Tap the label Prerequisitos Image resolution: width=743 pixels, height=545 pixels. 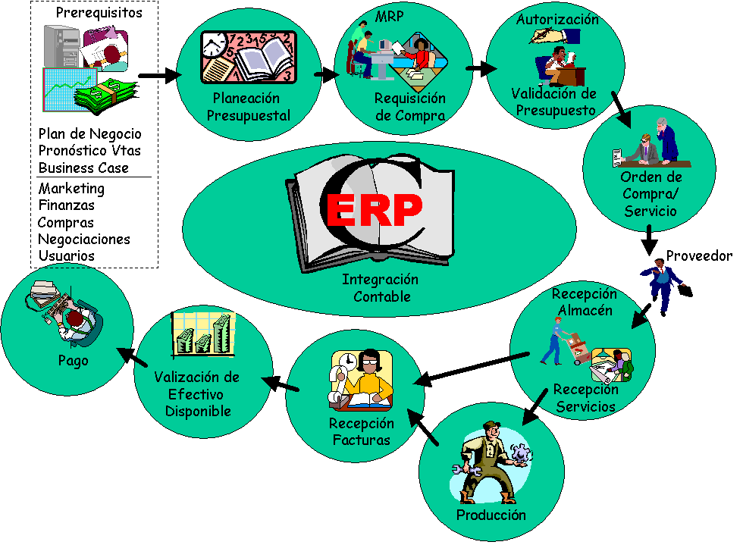coord(99,12)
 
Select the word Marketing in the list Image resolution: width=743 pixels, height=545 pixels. coord(71,189)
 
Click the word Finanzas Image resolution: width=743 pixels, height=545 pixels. coord(67,205)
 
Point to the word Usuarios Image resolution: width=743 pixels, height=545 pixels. coord(67,256)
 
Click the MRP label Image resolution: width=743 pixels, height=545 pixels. coord(389,17)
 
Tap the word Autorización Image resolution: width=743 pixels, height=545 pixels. coord(557,20)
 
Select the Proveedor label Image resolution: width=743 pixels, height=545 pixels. coord(699,256)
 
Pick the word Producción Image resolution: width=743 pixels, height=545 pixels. coord(491,515)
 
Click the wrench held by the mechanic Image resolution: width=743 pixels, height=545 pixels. coord(467,471)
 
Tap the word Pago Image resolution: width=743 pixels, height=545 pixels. coord(74,361)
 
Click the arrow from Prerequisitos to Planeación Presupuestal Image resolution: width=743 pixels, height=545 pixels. coord(160,75)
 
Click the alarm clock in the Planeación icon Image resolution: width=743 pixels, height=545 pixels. coord(215,46)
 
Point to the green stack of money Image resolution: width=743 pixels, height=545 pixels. coord(106,95)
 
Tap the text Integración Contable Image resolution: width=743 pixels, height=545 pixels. coord(381,288)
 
